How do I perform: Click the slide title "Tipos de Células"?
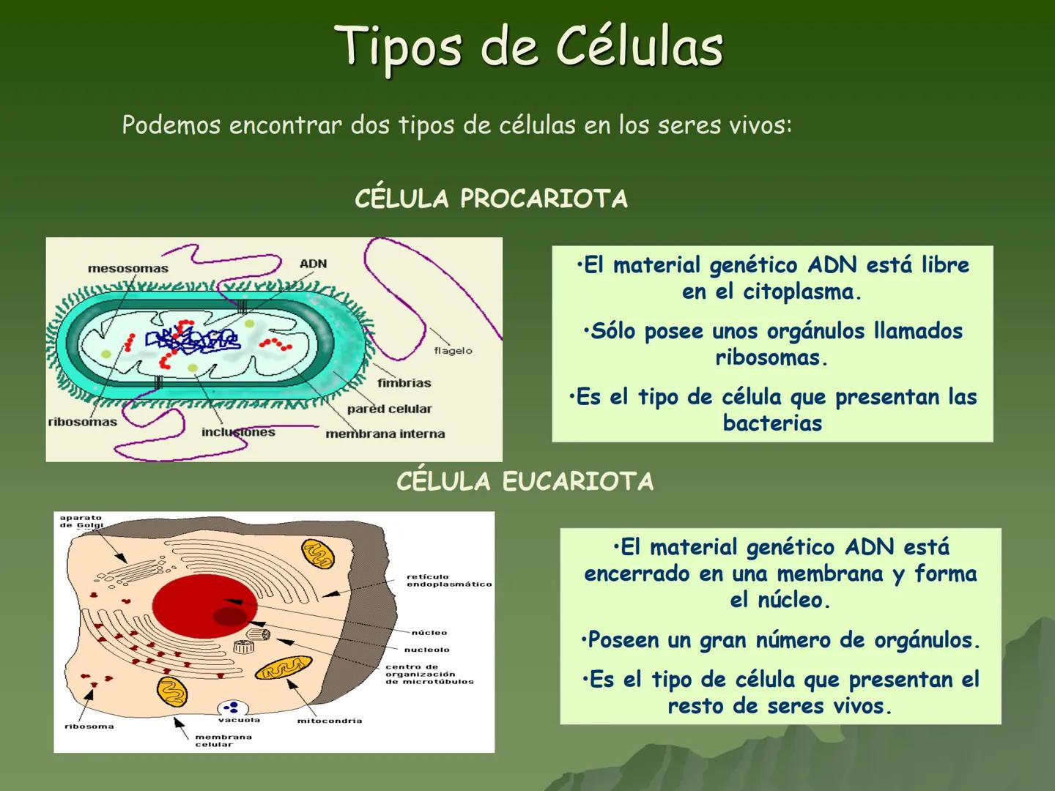coord(529,47)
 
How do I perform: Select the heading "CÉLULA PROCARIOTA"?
coord(491,199)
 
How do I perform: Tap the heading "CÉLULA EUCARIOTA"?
coord(525,482)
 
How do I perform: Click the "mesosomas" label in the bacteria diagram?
coord(127,269)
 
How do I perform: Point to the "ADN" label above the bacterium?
coord(313,264)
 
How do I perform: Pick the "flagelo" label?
coord(453,351)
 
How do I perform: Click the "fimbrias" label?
coord(404,383)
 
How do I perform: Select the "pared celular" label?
coord(389,409)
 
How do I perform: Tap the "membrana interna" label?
coord(385,434)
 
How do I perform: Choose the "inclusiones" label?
coord(238,432)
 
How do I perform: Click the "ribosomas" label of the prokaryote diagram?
coord(82,422)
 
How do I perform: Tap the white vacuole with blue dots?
coord(233,708)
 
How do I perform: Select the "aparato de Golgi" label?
coord(81,521)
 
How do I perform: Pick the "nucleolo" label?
coord(426,650)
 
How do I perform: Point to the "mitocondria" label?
coord(329,721)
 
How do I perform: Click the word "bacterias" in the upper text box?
coord(772,423)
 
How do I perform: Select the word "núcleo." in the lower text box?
coord(780,601)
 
